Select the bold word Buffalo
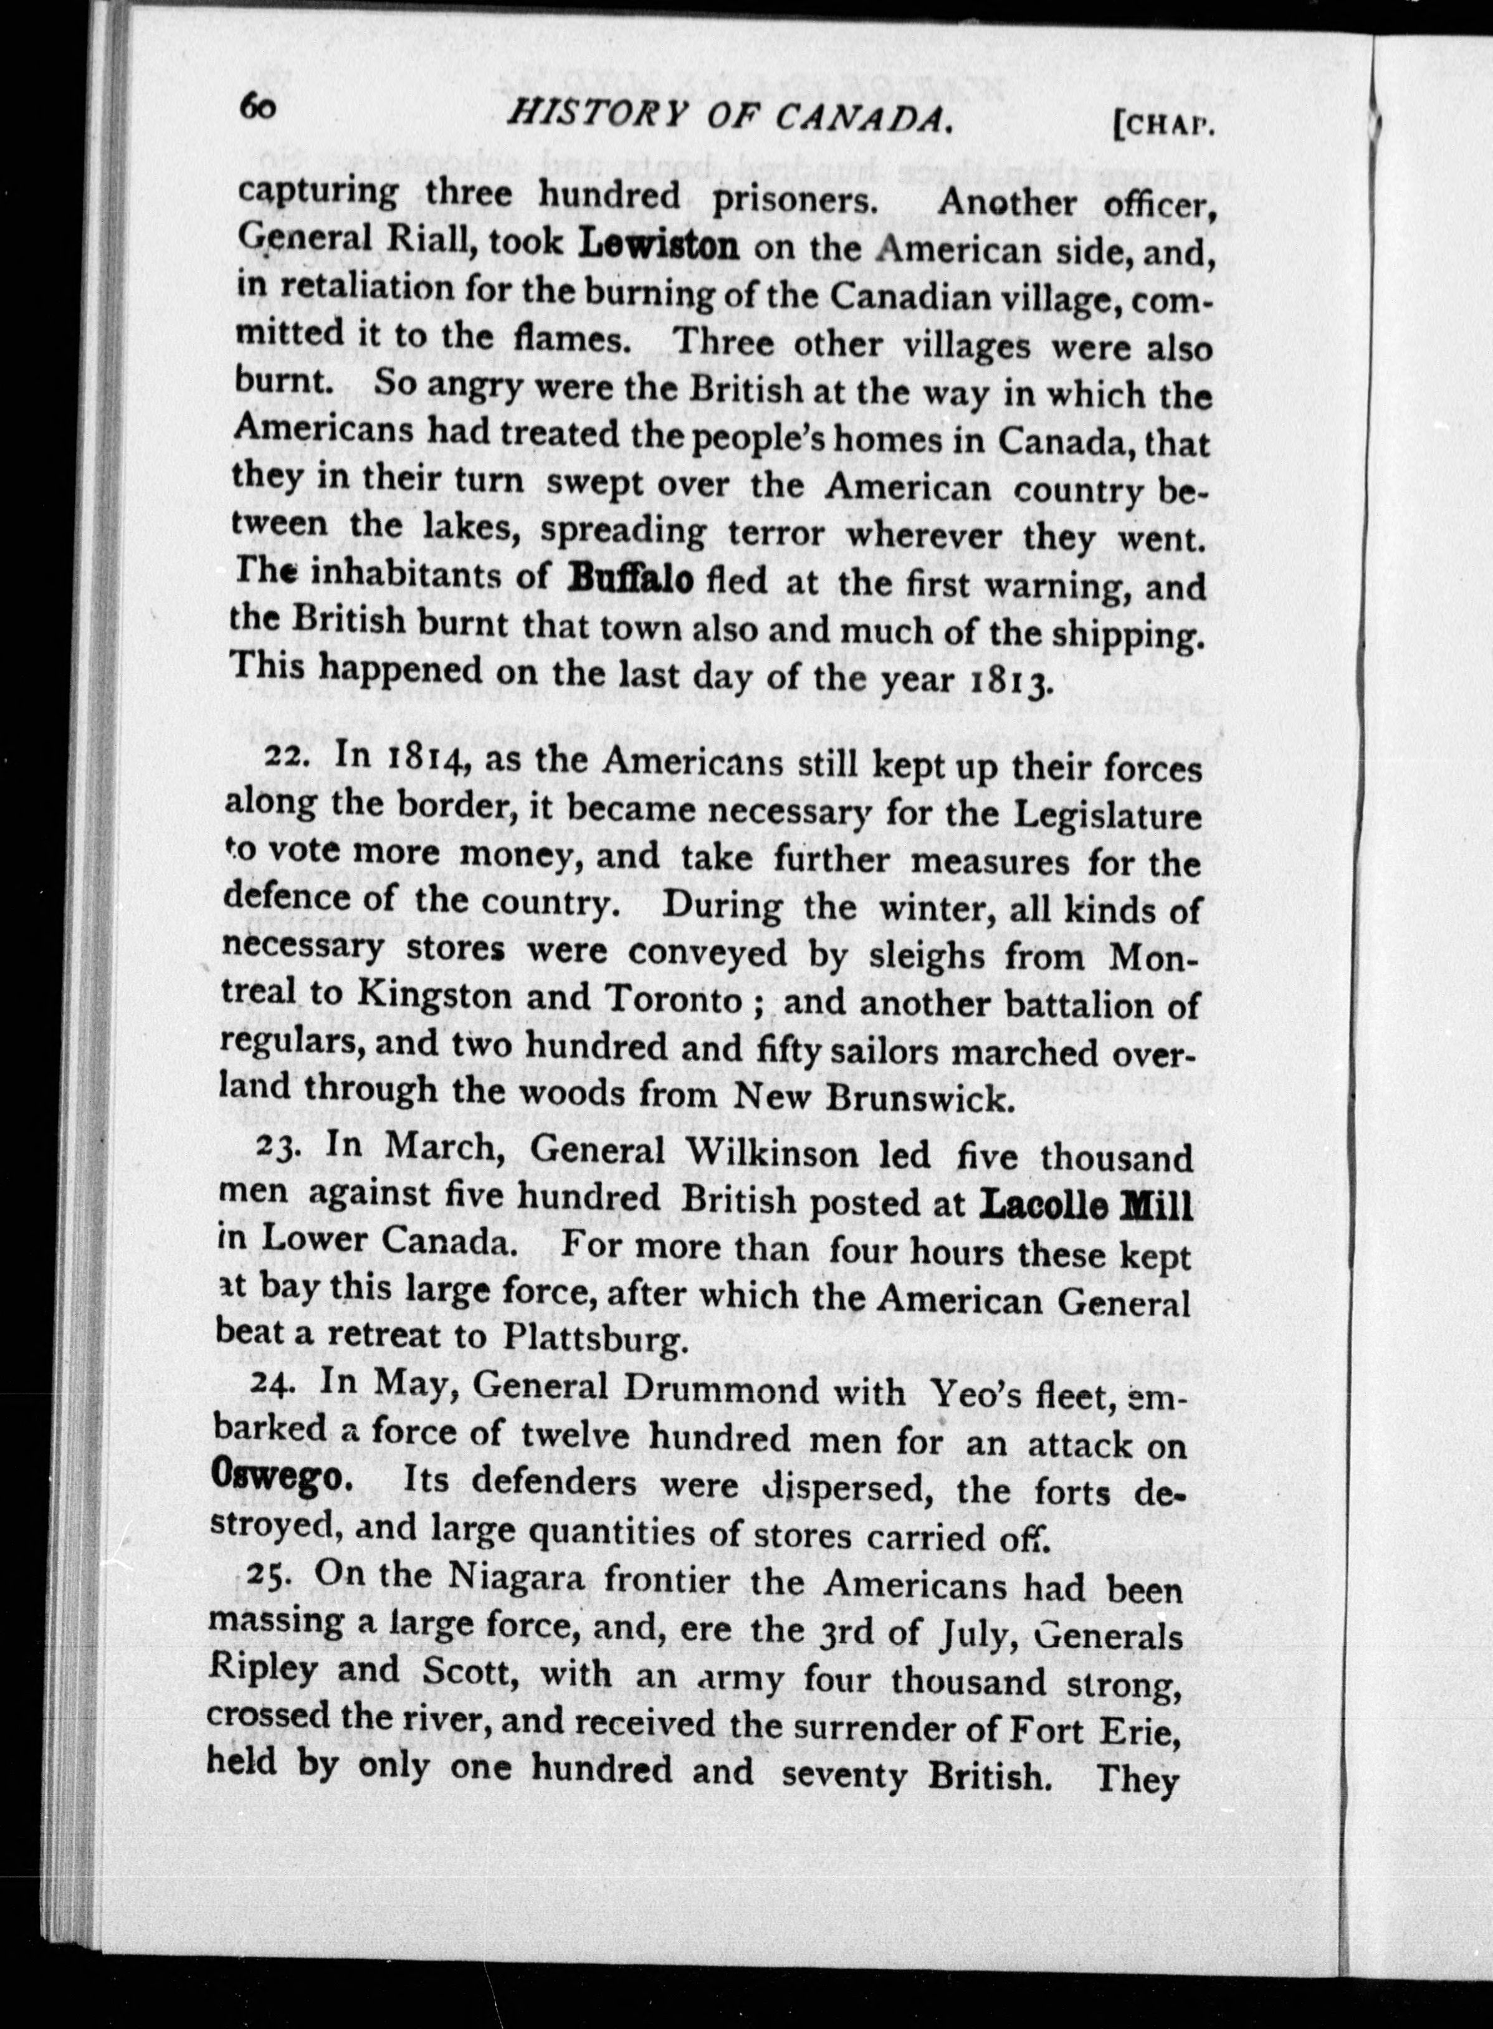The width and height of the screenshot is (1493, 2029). (x=630, y=578)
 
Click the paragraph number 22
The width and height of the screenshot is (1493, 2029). (x=290, y=757)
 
